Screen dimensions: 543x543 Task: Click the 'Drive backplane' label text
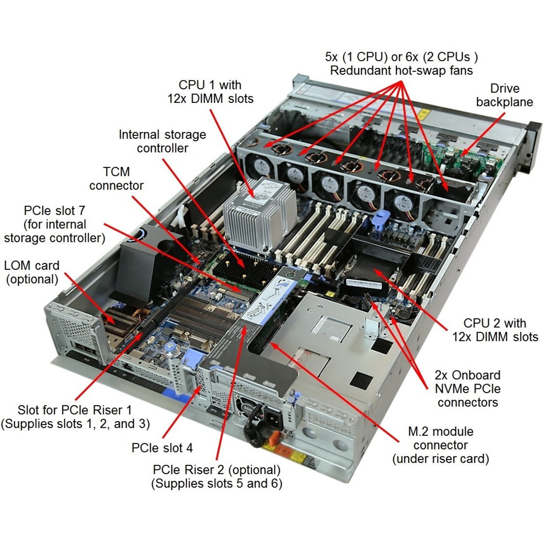tap(504, 95)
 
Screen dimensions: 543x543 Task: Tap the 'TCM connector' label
tap(116, 178)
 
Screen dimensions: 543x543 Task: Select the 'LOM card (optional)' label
tap(31, 272)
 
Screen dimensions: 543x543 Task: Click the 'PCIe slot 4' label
tap(162, 448)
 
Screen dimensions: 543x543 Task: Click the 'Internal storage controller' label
tap(162, 141)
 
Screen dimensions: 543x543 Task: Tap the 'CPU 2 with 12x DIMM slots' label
tap(494, 330)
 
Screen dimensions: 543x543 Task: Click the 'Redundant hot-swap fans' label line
tap(401, 71)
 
